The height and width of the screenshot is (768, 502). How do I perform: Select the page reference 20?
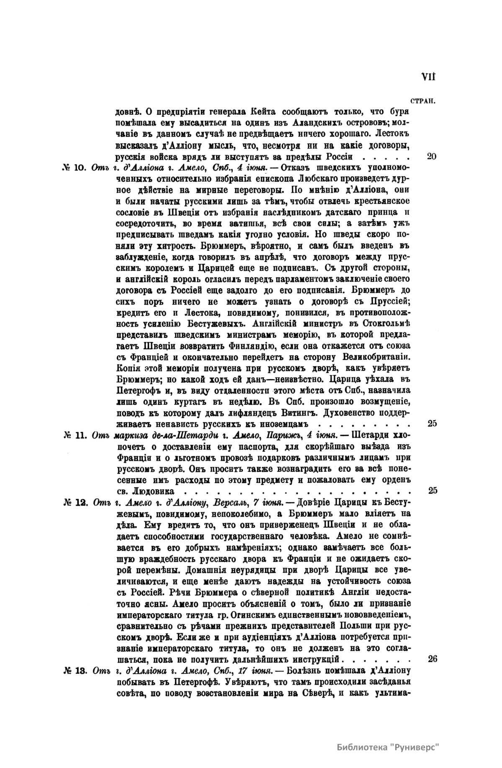[432, 157]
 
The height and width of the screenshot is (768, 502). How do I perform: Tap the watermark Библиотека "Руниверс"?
[389, 747]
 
